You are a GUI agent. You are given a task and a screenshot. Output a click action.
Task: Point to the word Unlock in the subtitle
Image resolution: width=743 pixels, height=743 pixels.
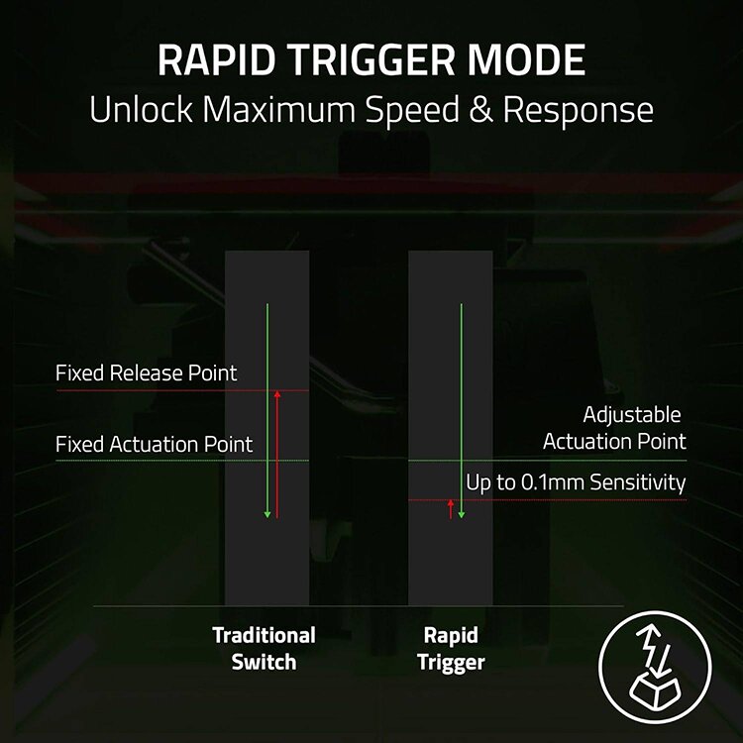tap(141, 109)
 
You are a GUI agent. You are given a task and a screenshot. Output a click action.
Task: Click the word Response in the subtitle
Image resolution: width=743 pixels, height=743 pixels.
tap(579, 110)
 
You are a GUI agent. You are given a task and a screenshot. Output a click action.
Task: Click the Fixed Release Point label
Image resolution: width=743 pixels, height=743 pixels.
tap(147, 373)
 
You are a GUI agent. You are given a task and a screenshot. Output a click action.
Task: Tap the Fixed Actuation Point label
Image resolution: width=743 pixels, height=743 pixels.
tap(155, 445)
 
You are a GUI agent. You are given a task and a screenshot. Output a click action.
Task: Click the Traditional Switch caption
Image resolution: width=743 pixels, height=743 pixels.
tap(264, 648)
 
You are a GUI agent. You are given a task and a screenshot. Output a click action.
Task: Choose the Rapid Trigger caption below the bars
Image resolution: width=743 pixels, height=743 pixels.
tap(451, 648)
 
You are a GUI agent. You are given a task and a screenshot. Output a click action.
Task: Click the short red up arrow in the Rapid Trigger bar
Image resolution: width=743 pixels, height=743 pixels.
tap(451, 509)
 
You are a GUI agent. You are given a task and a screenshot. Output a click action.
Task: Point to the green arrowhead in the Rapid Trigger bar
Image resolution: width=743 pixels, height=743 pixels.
tap(461, 513)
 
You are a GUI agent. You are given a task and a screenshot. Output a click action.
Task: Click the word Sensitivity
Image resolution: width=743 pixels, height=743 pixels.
tap(637, 482)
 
